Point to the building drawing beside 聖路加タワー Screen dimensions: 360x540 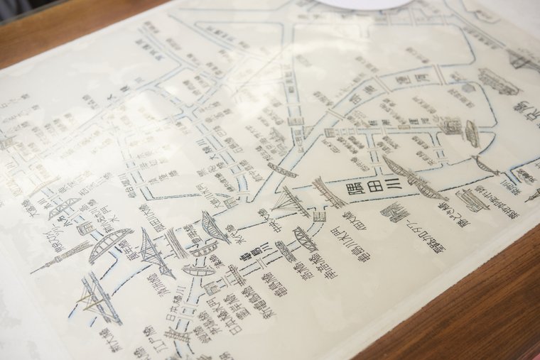tap(395, 212)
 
